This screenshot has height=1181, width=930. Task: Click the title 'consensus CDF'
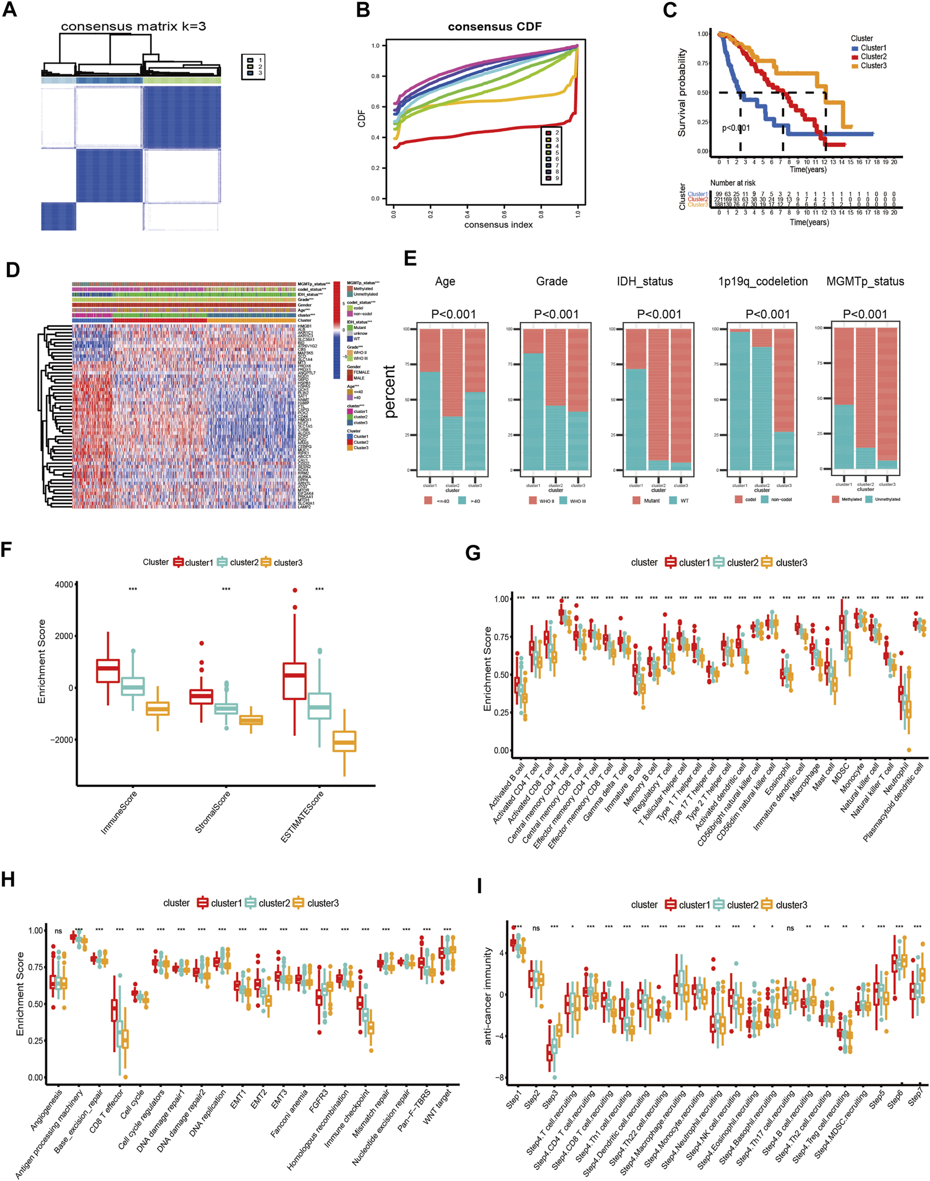494,27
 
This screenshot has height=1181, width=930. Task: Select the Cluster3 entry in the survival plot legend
873,66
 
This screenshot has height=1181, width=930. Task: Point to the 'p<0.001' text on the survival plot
736,128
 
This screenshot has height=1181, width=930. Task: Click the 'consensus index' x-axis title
498,225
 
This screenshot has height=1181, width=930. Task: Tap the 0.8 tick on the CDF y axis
376,76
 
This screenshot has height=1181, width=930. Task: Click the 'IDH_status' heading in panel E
644,281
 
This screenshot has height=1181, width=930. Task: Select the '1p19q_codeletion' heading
763,281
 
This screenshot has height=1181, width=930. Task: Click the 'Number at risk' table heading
732,183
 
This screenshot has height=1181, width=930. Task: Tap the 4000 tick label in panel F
64,585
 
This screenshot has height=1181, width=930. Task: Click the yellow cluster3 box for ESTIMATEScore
344,742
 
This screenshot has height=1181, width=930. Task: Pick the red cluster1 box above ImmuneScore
108,670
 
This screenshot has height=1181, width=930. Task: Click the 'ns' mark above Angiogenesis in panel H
58,931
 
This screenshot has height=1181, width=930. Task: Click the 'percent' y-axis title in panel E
390,392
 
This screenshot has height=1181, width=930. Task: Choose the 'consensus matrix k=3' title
133,26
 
